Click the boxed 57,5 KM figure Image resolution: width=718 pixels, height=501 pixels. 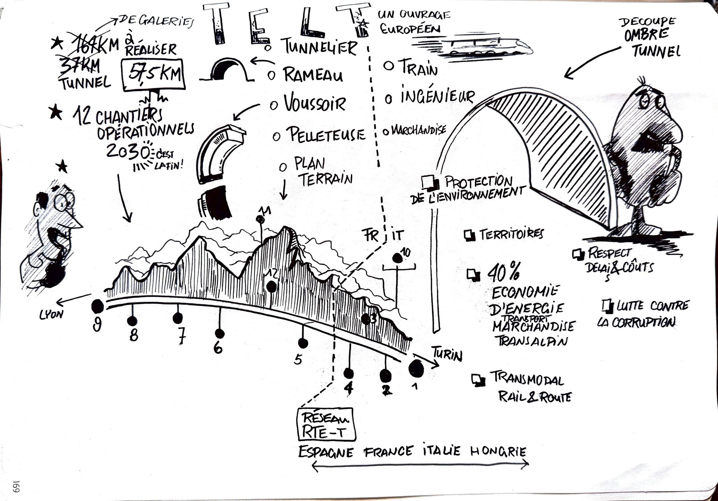[154, 74]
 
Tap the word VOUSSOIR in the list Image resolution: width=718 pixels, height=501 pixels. [314, 103]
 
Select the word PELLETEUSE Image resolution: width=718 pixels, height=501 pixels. [325, 134]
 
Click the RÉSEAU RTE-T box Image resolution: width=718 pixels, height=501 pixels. [326, 424]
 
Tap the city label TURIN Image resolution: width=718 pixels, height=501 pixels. [447, 353]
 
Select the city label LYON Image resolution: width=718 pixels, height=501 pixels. [51, 314]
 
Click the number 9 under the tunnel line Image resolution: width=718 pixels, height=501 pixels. [97, 324]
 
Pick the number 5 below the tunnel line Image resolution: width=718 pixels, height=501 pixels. [298, 360]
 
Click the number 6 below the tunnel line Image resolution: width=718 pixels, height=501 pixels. [218, 348]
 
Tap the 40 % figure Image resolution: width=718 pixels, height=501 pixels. [503, 272]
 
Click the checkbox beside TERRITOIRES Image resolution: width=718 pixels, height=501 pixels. [469, 235]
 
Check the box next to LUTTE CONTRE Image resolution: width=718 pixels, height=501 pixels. [607, 306]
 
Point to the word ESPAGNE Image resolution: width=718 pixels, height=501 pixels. [326, 452]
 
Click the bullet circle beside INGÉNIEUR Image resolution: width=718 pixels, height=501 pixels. [389, 99]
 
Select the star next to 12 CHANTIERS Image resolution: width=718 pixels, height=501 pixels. [56, 112]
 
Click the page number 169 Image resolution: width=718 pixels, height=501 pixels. [16, 486]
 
